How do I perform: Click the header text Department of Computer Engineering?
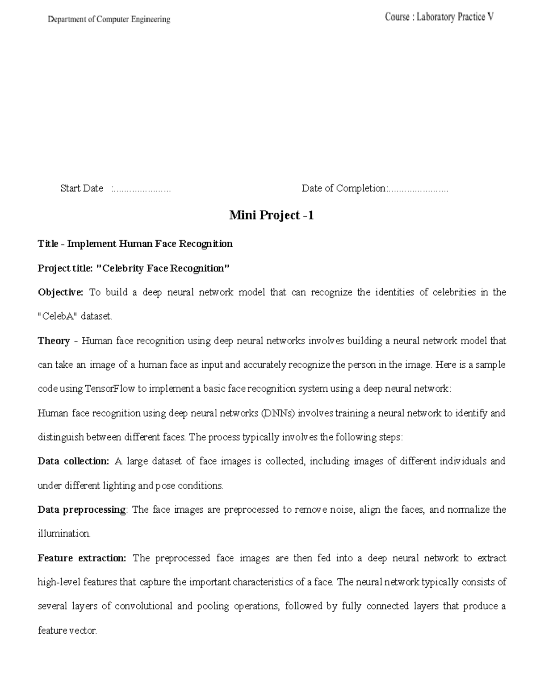point(109,19)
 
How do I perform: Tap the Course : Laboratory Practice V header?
point(439,17)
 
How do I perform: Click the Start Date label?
point(82,188)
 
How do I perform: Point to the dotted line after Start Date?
point(142,189)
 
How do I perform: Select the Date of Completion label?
point(343,188)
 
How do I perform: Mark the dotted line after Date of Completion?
point(419,189)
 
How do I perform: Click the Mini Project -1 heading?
point(271,216)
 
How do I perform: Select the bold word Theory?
point(54,341)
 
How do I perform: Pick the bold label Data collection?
point(73,461)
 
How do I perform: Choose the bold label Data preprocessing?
point(82,510)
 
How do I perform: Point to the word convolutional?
point(143,606)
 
